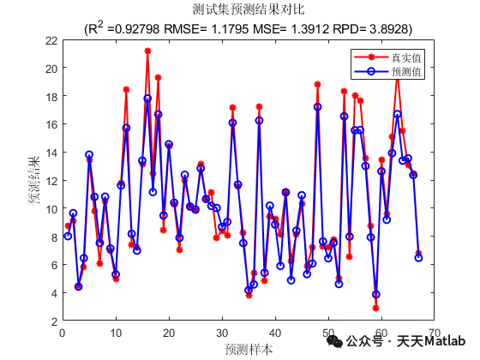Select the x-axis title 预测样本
249,349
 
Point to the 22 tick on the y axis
51,39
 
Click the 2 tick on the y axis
54,321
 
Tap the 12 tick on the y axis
51,181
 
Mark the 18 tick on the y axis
51,96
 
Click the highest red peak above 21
147,51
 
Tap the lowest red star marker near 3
375,308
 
